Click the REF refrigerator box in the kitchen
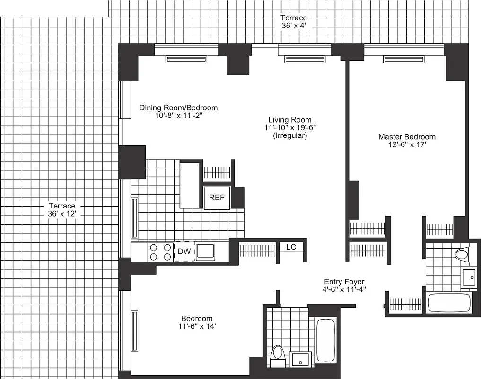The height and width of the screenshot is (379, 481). coord(217,198)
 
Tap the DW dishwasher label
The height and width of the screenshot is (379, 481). coord(184,252)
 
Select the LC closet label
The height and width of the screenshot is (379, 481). coord(291,247)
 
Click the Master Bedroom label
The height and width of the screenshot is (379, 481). coord(406,137)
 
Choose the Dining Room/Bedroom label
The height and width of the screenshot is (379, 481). coord(178,108)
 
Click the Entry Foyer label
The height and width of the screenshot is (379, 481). coord(344,281)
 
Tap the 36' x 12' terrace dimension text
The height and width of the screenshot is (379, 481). coord(62,214)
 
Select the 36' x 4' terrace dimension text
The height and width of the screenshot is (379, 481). coord(294,26)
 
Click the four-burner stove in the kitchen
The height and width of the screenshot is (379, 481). coord(160,252)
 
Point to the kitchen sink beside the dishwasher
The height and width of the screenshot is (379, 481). coord(205,252)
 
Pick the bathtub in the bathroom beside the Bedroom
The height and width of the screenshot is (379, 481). coord(325,341)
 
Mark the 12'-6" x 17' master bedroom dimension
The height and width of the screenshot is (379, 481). coord(406,145)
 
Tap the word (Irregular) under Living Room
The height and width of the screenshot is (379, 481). coord(289,135)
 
